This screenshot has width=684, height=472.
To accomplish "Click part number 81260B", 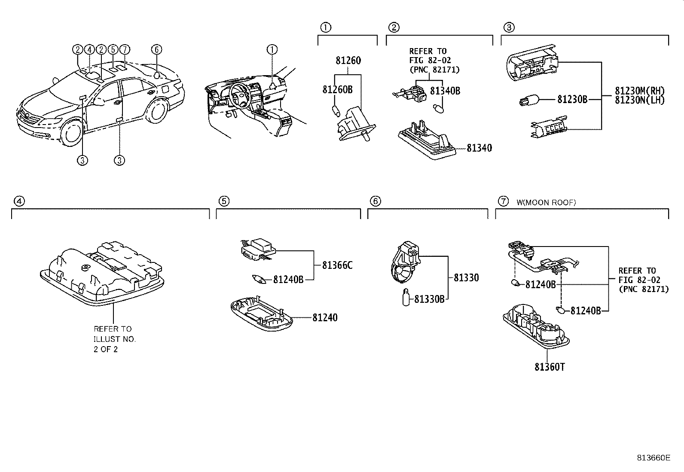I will pos(337,89).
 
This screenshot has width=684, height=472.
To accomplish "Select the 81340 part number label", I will pos(479,148).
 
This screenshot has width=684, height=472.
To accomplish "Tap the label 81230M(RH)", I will pos(640,91).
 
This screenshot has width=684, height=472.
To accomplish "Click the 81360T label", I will pos(550,367).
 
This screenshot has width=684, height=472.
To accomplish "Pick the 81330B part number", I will pos(429,299).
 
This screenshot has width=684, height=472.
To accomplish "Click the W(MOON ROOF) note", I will pos(546,202).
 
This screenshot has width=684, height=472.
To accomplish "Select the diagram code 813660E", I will pos(653,458).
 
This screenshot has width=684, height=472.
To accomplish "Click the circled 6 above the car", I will pos(156,49).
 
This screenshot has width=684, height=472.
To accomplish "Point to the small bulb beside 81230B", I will pos(526,101).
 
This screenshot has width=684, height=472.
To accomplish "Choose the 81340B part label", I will pos(445,91).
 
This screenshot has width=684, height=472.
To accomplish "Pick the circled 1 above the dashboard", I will pos(272,49).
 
